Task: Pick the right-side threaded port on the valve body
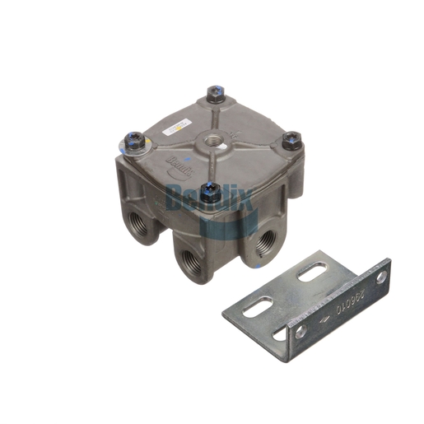coord(265,241)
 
